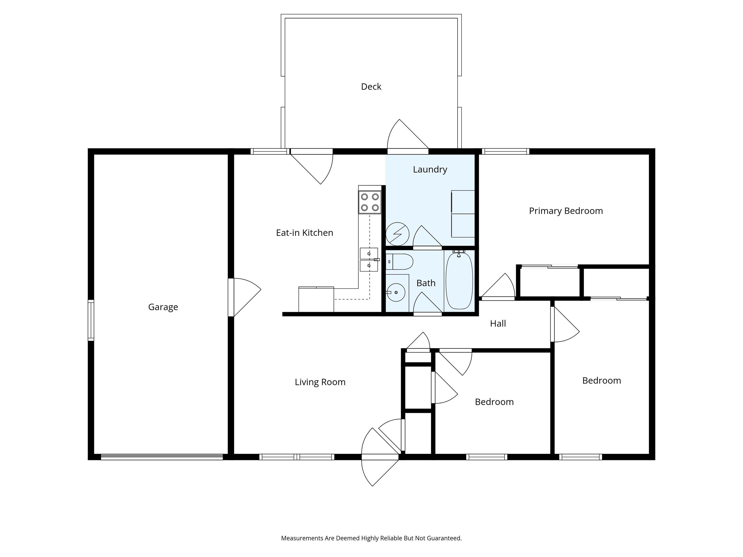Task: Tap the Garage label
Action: click(163, 307)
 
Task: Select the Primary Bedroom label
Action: click(566, 211)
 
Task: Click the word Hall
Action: click(498, 323)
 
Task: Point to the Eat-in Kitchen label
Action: click(304, 233)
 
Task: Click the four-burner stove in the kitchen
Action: click(370, 202)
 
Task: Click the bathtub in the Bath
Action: click(459, 280)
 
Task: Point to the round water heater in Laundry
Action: click(397, 234)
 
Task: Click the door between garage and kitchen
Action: click(231, 297)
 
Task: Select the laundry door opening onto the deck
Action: click(408, 151)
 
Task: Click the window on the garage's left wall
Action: click(91, 320)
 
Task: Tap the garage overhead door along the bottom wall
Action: click(162, 457)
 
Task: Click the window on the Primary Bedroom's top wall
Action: click(505, 151)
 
